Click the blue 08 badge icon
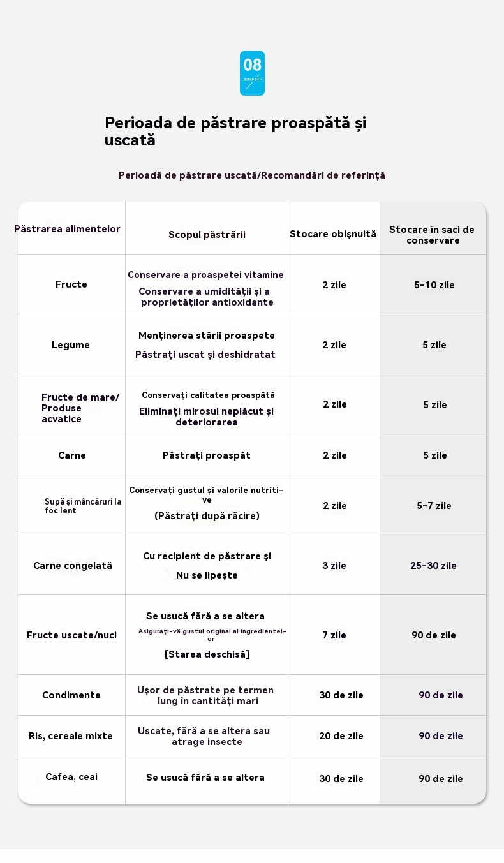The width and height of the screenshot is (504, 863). pyautogui.click(x=252, y=73)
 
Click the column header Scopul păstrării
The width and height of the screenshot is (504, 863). pyautogui.click(x=207, y=235)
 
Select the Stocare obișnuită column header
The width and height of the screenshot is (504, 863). pyautogui.click(x=333, y=234)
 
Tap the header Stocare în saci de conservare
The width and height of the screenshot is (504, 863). pyautogui.click(x=433, y=235)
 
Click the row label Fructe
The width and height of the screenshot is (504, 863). pyautogui.click(x=71, y=284)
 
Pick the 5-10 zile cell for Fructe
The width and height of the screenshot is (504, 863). pyautogui.click(x=434, y=285)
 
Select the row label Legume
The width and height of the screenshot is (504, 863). pyautogui.click(x=71, y=345)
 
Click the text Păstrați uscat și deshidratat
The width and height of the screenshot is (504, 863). pyautogui.click(x=205, y=355)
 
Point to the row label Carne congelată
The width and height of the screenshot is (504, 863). pyautogui.click(x=73, y=566)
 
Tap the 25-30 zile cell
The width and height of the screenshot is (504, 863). pyautogui.click(x=433, y=566)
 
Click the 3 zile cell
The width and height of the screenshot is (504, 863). pyautogui.click(x=334, y=566)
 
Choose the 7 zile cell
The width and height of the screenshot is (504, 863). pyautogui.click(x=334, y=635)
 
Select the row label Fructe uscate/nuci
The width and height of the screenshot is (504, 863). pyautogui.click(x=71, y=635)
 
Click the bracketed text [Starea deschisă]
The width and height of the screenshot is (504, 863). pyautogui.click(x=207, y=654)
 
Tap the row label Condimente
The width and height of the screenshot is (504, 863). pyautogui.click(x=71, y=695)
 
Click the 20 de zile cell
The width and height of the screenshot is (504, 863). pyautogui.click(x=341, y=736)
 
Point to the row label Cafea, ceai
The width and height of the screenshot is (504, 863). pyautogui.click(x=71, y=777)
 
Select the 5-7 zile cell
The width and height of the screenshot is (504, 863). pyautogui.click(x=434, y=506)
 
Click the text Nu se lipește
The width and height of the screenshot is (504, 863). pyautogui.click(x=207, y=575)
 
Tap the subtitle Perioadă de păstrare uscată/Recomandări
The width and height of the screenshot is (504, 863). pyautogui.click(x=252, y=175)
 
